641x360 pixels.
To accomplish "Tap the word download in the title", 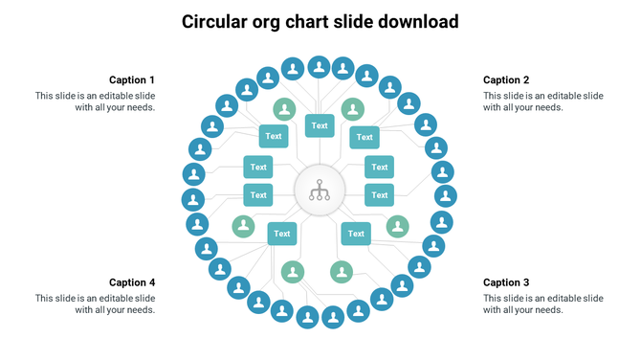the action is [411, 21].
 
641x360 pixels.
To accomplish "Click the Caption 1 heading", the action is [132, 80].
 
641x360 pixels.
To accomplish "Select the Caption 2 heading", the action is [506, 80].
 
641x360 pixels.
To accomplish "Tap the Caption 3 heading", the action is [506, 282].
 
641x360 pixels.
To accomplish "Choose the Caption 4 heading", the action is [132, 282].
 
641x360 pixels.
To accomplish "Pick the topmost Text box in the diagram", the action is [320, 125].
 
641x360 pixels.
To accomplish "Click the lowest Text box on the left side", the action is [281, 233].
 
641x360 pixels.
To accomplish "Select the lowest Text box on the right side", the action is [356, 233].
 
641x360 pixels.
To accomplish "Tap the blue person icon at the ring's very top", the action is [319, 67].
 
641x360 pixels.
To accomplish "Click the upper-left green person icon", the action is [284, 108].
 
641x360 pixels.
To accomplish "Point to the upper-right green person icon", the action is [353, 108].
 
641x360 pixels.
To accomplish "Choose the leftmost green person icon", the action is [243, 226].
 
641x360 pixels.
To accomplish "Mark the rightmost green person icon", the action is [397, 226].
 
